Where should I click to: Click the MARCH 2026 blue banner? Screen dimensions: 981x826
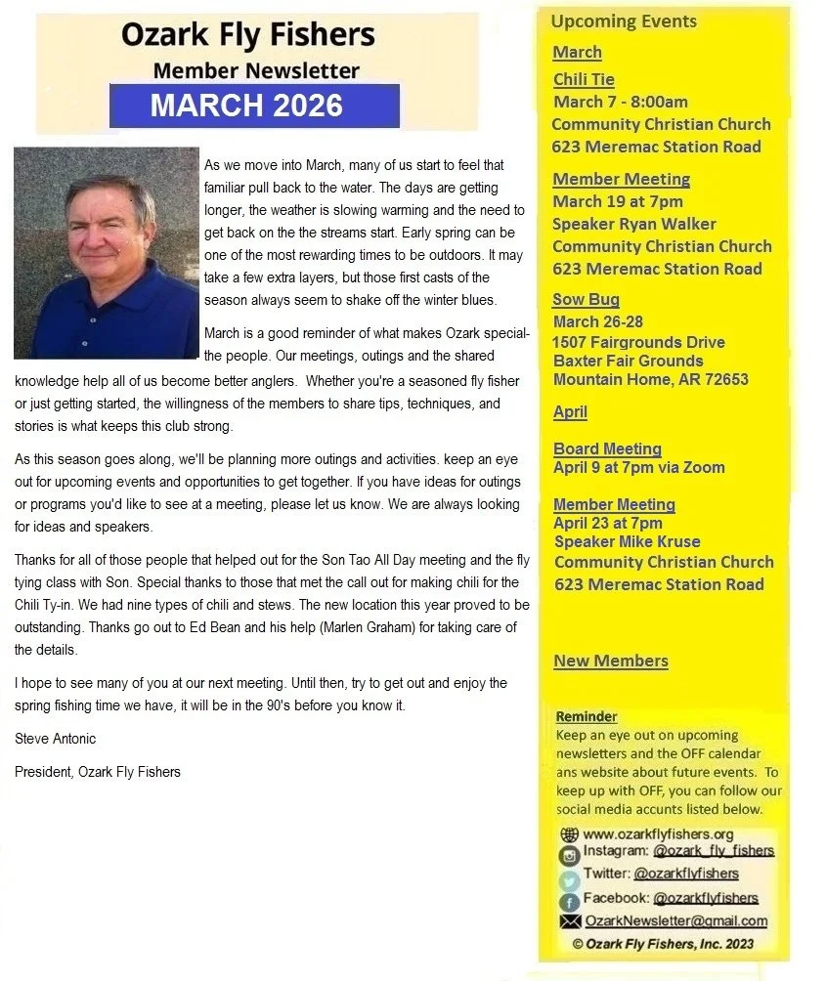254,106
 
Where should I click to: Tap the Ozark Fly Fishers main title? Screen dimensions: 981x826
247,35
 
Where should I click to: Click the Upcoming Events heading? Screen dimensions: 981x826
624,21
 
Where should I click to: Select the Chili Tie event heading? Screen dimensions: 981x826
584,79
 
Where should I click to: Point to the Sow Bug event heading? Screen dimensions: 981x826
586,299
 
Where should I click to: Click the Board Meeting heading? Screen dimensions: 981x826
607,448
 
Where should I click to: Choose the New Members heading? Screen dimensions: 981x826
611,661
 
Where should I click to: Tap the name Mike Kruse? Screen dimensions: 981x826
668,541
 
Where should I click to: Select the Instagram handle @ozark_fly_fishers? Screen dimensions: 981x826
714,851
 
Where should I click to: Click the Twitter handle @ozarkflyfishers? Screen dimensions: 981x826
686,874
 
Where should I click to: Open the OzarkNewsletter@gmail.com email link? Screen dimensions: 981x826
675,920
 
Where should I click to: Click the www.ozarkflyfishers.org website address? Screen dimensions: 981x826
658,834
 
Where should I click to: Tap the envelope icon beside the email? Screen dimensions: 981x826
569,921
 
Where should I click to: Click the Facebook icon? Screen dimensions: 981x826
569,901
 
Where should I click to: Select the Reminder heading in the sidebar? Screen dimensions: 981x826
587,716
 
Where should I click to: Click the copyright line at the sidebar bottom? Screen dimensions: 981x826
663,944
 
